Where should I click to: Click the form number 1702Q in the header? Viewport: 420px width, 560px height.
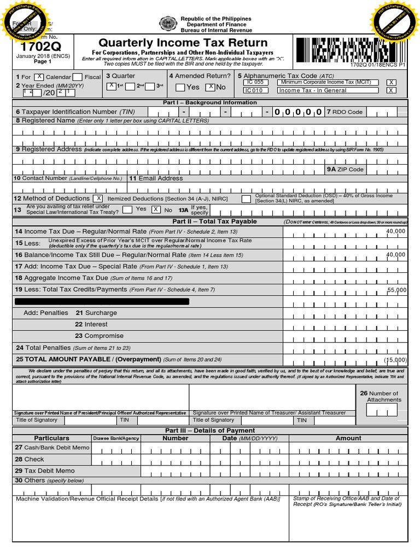[32, 47]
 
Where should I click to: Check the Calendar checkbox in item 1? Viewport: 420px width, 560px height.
[39, 77]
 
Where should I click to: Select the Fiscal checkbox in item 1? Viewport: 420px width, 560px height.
[78, 77]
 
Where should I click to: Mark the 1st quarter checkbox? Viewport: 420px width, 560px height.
[111, 86]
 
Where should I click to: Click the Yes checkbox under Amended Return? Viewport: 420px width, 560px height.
[180, 87]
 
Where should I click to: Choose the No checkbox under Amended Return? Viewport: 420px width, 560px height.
[210, 87]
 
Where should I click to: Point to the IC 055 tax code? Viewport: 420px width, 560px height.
[255, 82]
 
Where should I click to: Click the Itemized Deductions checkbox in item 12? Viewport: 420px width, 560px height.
[97, 198]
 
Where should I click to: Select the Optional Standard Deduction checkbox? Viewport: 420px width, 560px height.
[246, 198]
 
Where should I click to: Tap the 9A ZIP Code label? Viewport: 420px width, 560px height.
[346, 170]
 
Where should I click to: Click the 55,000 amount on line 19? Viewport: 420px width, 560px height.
[397, 290]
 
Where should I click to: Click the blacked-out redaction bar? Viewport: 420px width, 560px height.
[102, 301]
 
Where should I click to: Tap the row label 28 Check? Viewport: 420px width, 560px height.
[30, 459]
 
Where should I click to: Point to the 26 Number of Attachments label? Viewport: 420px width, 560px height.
[383, 396]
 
